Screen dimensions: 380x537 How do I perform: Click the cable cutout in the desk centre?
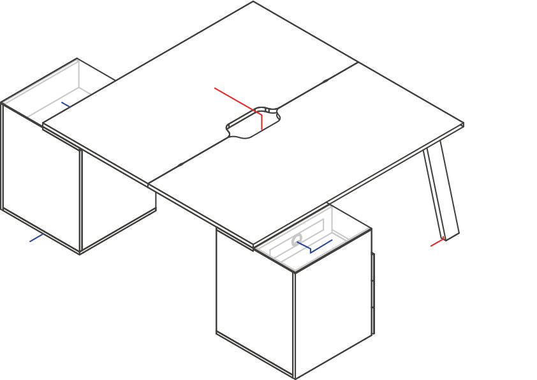[x=253, y=123]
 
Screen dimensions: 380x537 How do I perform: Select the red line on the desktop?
[x=236, y=100]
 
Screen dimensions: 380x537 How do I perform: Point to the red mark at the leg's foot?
[x=438, y=242]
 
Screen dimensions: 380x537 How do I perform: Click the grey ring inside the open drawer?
[x=297, y=240]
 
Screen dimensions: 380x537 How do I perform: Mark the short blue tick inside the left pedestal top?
[x=66, y=104]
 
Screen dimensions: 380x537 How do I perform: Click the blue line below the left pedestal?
[x=36, y=238]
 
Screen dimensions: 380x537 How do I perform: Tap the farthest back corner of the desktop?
[x=253, y=2]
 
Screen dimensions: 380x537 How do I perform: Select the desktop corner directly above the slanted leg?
[x=463, y=124]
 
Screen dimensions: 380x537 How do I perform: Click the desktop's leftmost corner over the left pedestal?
[x=43, y=125]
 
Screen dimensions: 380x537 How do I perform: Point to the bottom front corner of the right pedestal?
[x=295, y=378]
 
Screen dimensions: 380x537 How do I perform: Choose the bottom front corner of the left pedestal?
[x=80, y=254]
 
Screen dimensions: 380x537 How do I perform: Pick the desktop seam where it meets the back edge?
[x=358, y=62]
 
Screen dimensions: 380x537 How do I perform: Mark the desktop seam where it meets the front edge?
[x=149, y=185]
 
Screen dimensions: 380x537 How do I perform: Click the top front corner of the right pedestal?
[x=295, y=273]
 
